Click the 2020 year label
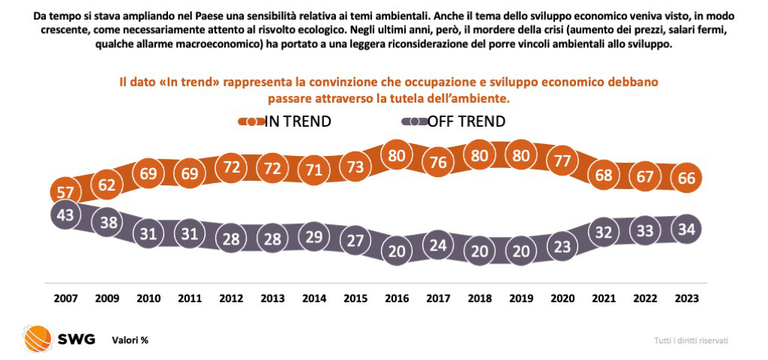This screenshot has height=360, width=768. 562,298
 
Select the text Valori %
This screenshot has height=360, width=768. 130,340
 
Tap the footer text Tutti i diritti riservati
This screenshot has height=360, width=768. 691,340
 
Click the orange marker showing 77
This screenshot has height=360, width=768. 562,160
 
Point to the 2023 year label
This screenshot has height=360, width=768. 686,298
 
